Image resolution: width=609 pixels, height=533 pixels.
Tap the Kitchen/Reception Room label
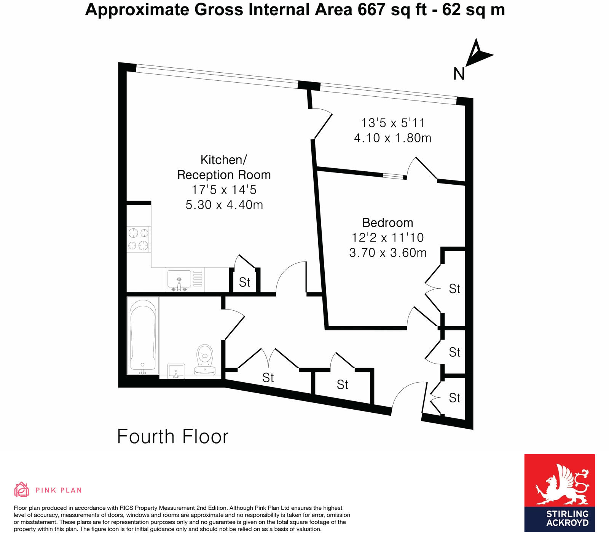(224, 167)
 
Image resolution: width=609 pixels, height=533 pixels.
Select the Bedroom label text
(387, 223)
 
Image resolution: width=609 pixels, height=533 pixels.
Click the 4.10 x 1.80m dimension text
(392, 138)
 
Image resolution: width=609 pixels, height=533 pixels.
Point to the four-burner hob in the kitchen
(139, 239)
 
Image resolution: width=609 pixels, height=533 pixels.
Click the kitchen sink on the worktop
(179, 279)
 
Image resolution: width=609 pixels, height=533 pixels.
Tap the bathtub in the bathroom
(143, 335)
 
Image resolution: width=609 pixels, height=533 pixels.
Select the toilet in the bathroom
(205, 360)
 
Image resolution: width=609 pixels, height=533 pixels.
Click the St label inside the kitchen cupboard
(244, 282)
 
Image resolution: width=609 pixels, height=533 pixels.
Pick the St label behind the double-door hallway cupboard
(268, 378)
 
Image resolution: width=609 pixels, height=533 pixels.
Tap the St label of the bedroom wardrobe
(454, 289)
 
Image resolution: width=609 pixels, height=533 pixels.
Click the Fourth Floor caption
(172, 437)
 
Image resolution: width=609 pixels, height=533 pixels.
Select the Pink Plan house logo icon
(21, 490)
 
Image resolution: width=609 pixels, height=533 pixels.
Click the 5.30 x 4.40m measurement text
(224, 205)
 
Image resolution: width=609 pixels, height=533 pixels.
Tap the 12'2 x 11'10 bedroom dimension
(387, 238)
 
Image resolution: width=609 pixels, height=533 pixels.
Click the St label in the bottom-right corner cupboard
(454, 398)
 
